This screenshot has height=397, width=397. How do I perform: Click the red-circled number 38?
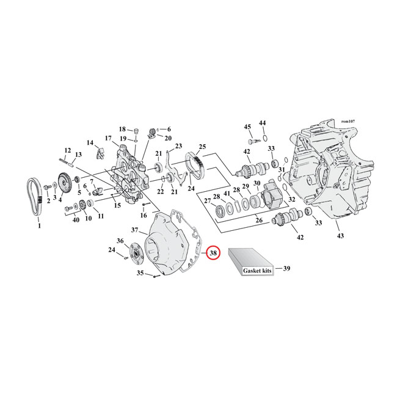point(213,253)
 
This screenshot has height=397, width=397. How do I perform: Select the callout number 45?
point(247,126)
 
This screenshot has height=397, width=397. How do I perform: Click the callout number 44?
point(263,123)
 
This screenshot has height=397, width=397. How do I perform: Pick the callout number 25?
point(202,147)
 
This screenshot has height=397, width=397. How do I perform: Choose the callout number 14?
point(90,143)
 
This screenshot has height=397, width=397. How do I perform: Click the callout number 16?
point(144,216)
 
